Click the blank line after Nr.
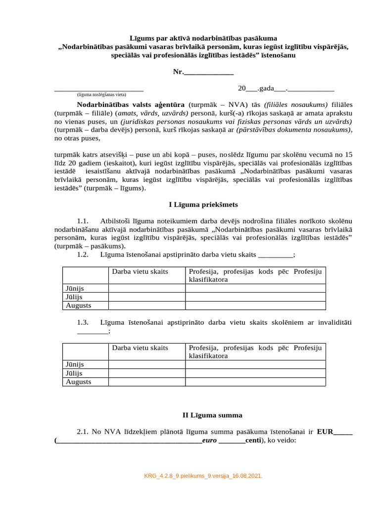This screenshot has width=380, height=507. (208, 73)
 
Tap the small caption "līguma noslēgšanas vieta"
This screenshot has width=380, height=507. (101, 94)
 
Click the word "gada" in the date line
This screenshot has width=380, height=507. (266, 88)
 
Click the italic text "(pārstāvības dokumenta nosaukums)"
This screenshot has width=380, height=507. (294, 129)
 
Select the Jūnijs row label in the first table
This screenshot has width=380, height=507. (75, 288)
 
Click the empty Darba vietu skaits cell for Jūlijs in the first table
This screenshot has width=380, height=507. (146, 297)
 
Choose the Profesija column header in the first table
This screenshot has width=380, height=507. (255, 275)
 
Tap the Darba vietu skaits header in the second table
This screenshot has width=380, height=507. (140, 348)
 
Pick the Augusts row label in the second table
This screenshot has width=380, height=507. (79, 382)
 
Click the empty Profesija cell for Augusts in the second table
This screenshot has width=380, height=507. (255, 382)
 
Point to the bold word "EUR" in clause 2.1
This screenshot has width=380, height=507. (325, 432)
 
